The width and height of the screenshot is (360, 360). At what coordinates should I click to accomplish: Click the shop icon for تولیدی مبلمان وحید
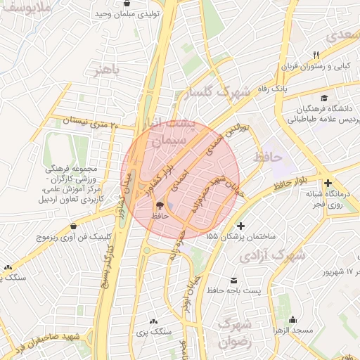pos(126,4)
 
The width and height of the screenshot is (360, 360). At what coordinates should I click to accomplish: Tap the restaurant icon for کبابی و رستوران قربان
pos(316,55)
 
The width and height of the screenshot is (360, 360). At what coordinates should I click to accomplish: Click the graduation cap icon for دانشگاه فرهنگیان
pos(323,98)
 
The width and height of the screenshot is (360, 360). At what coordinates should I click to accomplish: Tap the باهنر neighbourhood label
pos(107,70)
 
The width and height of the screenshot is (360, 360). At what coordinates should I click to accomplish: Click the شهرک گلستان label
pos(213,93)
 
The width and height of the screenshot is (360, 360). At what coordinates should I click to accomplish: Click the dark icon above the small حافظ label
pos(160,205)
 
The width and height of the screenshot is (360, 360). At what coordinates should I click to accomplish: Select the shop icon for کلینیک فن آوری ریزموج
pos(74,226)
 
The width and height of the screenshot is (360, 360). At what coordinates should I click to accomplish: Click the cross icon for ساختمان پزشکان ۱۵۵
pos(242,226)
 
